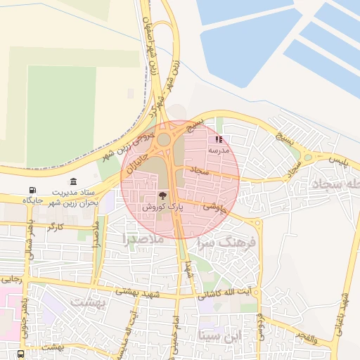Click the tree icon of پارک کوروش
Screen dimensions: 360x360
point(162,196)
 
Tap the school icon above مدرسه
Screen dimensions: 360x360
point(219,140)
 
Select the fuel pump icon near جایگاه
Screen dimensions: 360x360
point(32,191)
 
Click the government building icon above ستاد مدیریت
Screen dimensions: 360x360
point(75,182)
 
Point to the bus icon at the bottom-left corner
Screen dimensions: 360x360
point(20,353)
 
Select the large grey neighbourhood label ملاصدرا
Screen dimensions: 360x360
point(143,239)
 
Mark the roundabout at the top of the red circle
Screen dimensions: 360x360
point(164,139)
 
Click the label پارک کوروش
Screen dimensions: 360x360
point(162,207)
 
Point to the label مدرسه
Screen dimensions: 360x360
point(219,150)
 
